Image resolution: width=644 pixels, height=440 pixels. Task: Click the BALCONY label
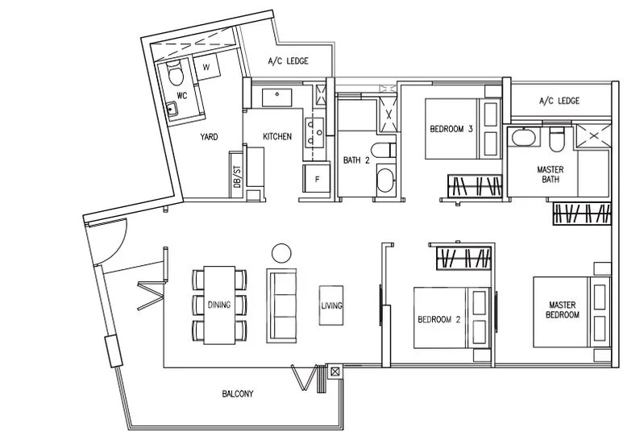click(238, 394)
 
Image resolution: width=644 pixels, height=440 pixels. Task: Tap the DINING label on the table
click(219, 305)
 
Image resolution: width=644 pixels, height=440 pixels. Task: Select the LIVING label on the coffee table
click(332, 305)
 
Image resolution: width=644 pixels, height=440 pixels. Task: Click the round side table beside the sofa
click(281, 253)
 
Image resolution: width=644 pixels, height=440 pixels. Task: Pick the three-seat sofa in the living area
click(281, 305)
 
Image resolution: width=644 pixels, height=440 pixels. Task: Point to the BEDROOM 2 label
click(439, 319)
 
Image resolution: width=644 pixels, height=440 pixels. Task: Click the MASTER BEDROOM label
click(563, 309)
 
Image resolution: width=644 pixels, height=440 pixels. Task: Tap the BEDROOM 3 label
click(451, 129)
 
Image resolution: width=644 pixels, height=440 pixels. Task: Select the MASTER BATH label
click(551, 174)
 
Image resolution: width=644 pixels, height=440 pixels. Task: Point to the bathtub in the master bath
click(523, 137)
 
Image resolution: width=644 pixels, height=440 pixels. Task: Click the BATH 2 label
click(356, 160)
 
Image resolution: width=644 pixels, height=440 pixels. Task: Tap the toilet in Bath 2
click(383, 150)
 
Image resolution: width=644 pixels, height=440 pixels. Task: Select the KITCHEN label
click(277, 136)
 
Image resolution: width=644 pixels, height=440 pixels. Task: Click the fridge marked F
click(316, 179)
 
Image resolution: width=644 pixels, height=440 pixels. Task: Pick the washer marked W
click(206, 67)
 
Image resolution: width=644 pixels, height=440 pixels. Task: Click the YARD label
click(209, 137)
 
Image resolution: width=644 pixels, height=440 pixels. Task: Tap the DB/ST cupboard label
click(237, 176)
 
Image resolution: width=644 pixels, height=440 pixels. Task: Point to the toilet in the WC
click(175, 73)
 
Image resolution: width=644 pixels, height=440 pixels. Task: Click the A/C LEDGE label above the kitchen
click(289, 61)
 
